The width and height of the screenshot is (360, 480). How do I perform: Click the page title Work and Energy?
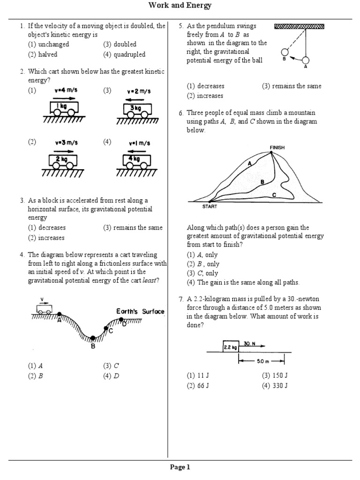point(180,6)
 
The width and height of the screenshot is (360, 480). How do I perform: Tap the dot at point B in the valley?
point(93,338)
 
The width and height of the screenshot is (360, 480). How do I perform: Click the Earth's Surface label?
point(140,312)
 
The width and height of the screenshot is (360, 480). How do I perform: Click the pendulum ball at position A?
point(306,60)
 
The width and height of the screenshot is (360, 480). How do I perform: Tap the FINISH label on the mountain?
point(277,147)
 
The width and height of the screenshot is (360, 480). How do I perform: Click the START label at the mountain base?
point(210,206)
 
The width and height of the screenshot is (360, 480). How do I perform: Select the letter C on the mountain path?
point(274,195)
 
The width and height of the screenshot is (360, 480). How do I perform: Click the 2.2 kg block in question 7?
point(231,347)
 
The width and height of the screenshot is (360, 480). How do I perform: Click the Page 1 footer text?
point(180,467)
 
